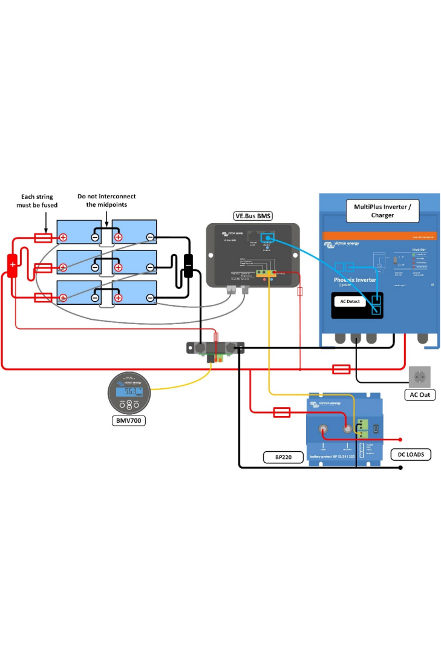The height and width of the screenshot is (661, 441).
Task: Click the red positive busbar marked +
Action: pyautogui.click(x=12, y=265)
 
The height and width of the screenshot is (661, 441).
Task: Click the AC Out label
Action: pyautogui.click(x=420, y=395)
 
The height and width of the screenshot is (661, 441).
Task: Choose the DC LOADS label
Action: pyautogui.click(x=411, y=454)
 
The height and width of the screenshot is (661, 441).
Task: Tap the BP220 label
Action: pyautogui.click(x=284, y=457)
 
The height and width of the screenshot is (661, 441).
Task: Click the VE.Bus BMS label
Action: pyautogui.click(x=252, y=216)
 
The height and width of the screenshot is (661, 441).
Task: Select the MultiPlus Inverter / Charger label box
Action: pyautogui.click(x=382, y=210)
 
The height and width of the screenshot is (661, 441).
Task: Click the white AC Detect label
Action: pyautogui.click(x=350, y=301)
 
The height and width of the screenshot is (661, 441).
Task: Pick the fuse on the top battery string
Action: pyautogui.click(x=42, y=238)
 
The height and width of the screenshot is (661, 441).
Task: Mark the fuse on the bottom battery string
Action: pyautogui.click(x=42, y=297)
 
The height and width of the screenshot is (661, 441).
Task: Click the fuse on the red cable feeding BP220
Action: pyautogui.click(x=282, y=412)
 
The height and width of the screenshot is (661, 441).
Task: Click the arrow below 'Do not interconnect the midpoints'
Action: pyautogui.click(x=106, y=219)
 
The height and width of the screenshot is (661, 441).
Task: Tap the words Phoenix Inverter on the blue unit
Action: pyautogui.click(x=356, y=280)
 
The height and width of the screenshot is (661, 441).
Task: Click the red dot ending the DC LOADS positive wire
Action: pyautogui.click(x=400, y=440)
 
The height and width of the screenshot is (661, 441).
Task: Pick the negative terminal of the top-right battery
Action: pyautogui.click(x=150, y=237)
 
